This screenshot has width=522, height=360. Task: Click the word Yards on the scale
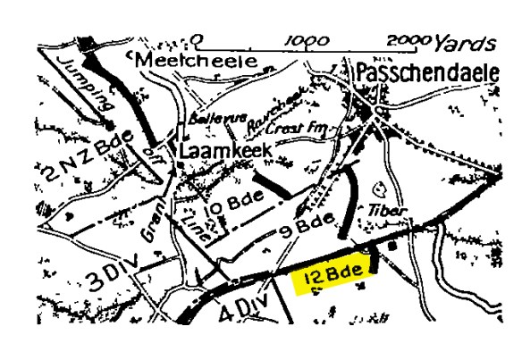pyautogui.click(x=462, y=41)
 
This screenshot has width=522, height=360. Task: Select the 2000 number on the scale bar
pyautogui.click(x=408, y=41)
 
